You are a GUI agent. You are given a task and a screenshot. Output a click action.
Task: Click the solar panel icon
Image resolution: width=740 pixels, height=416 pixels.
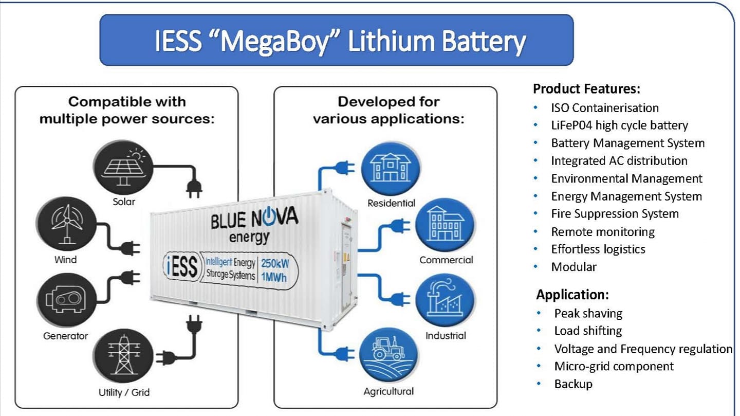coord(123,167)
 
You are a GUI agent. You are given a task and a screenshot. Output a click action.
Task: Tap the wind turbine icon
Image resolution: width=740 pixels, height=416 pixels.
coord(66,224)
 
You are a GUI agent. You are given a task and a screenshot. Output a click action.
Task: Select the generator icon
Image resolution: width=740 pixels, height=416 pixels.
coord(66,300)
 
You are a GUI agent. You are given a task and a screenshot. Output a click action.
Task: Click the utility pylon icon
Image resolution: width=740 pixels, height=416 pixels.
coord(123,355)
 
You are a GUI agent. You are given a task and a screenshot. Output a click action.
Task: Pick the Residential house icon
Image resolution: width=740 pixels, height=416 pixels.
coord(391,169)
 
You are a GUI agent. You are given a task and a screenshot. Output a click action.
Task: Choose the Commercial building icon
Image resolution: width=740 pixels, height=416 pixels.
coord(445,225)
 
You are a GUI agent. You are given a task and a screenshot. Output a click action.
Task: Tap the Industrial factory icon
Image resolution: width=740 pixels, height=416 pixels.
coord(445,300)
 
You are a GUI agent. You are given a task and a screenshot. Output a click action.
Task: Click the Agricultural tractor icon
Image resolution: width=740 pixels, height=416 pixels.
coord(389,355)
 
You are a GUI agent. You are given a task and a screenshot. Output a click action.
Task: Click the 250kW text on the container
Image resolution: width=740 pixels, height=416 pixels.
coord(275,264)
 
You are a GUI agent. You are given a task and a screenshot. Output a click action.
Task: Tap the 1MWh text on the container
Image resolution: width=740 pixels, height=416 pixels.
coord(274,277)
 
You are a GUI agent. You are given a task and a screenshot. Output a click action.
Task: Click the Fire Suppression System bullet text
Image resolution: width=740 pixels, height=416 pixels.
coord(615,213)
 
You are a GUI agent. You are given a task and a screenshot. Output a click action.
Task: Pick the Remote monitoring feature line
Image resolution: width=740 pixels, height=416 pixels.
coord(603,232)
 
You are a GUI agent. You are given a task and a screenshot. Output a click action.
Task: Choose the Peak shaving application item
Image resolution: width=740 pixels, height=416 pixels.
coord(588,313)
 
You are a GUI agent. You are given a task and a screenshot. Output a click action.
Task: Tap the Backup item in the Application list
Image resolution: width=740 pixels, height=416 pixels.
coord(573,384)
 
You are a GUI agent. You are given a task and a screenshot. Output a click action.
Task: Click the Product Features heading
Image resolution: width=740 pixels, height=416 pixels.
coord(587,88)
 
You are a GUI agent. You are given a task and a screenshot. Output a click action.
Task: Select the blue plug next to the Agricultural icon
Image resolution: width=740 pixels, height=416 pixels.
coord(344,353)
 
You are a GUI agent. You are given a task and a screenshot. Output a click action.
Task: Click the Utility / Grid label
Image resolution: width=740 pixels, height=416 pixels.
coord(124,392)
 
